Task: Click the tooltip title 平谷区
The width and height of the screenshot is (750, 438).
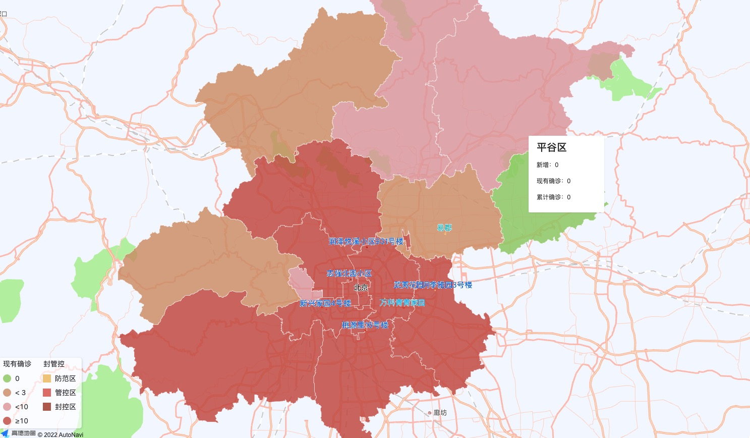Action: tap(551, 147)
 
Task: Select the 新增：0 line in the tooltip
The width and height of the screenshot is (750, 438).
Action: tap(547, 165)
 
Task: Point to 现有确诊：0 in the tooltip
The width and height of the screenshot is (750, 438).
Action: tap(553, 181)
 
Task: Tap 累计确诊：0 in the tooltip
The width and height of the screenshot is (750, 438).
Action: tap(553, 197)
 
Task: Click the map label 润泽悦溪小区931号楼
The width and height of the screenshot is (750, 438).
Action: tap(366, 242)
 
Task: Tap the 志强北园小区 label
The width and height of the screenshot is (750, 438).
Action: tap(349, 273)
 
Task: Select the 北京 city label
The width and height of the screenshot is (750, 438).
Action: tap(361, 288)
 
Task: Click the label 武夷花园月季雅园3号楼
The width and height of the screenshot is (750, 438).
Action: tap(433, 285)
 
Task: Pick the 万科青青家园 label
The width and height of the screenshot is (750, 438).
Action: tap(402, 303)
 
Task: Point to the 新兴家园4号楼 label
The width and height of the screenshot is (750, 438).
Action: tap(325, 303)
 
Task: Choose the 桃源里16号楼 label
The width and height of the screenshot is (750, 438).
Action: tap(365, 325)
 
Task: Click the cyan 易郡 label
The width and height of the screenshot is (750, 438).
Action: tap(444, 228)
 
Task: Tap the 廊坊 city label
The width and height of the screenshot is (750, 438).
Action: tap(440, 413)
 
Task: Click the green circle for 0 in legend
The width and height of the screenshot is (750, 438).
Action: tap(7, 378)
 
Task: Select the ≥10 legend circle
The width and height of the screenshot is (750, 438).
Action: tap(7, 421)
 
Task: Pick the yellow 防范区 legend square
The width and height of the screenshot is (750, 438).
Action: tap(47, 378)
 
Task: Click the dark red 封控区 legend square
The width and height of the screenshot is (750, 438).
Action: tap(47, 407)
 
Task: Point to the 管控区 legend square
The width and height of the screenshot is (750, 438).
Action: tap(47, 393)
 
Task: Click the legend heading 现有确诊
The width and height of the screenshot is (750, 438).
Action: tap(17, 364)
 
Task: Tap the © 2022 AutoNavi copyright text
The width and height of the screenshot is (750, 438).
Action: tap(61, 434)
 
